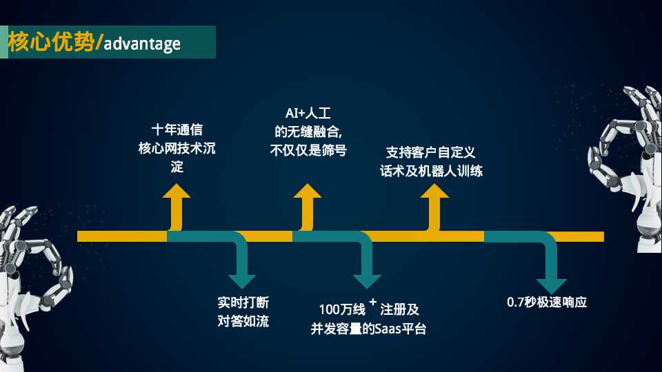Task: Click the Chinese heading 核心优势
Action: click(x=50, y=41)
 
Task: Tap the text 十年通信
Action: click(x=177, y=130)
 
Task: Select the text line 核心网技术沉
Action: click(x=177, y=148)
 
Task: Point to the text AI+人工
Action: click(x=308, y=113)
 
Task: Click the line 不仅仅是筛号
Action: click(x=308, y=149)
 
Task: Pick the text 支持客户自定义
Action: click(x=430, y=152)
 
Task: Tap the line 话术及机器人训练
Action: click(x=431, y=171)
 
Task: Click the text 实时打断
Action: click(x=243, y=302)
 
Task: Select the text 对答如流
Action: click(x=243, y=321)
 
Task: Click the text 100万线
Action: click(x=342, y=309)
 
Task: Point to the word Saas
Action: click(x=388, y=329)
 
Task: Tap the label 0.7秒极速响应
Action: click(x=547, y=302)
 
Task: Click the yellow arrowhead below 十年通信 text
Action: click(x=177, y=191)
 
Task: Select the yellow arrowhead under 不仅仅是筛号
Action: click(x=308, y=191)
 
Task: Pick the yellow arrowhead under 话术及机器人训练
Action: click(x=434, y=191)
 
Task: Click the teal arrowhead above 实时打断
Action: click(x=242, y=281)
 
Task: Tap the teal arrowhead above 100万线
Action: click(x=368, y=281)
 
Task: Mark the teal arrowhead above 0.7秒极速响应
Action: click(x=552, y=286)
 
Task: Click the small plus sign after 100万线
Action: click(x=373, y=302)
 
